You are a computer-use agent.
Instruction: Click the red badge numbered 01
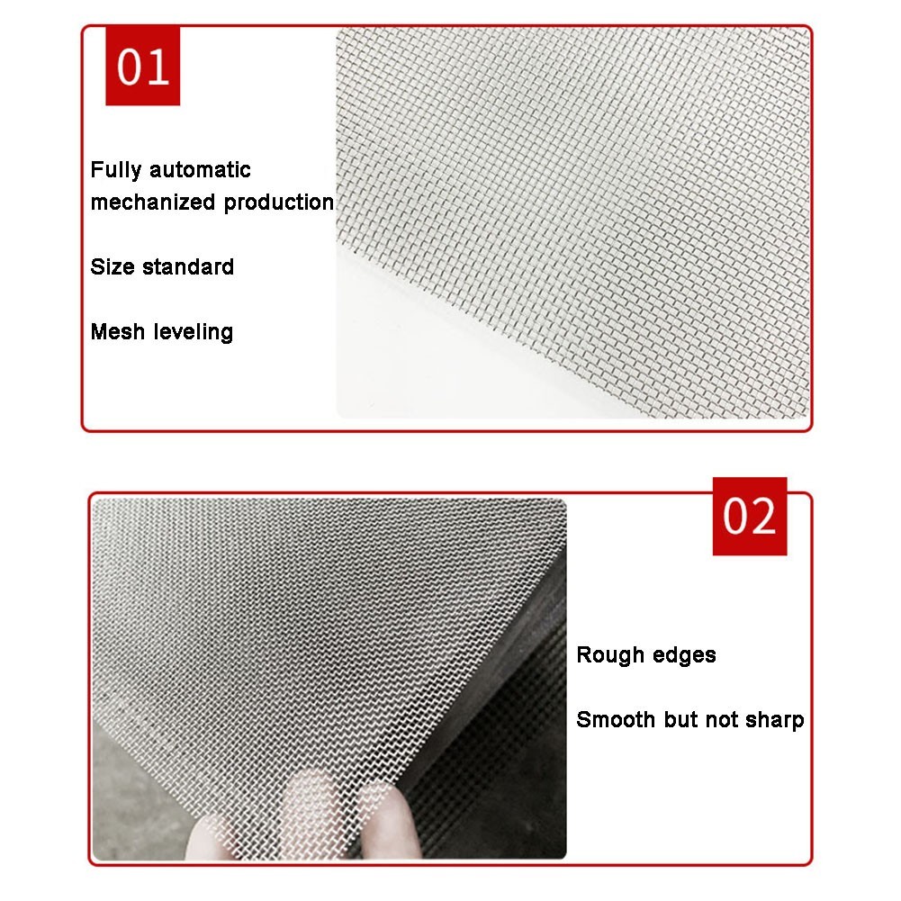click(x=142, y=66)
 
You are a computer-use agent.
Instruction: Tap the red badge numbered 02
click(x=749, y=516)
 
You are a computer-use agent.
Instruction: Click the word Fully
click(x=115, y=170)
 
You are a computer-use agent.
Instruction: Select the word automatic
click(x=200, y=170)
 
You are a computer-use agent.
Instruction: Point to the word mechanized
click(x=153, y=203)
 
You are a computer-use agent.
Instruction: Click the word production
click(x=279, y=203)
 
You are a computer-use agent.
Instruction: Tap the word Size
click(x=112, y=266)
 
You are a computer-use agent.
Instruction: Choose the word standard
click(x=188, y=266)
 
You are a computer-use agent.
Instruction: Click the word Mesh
click(x=117, y=331)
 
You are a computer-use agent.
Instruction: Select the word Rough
click(x=610, y=655)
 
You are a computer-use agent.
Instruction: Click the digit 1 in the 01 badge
click(x=158, y=67)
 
